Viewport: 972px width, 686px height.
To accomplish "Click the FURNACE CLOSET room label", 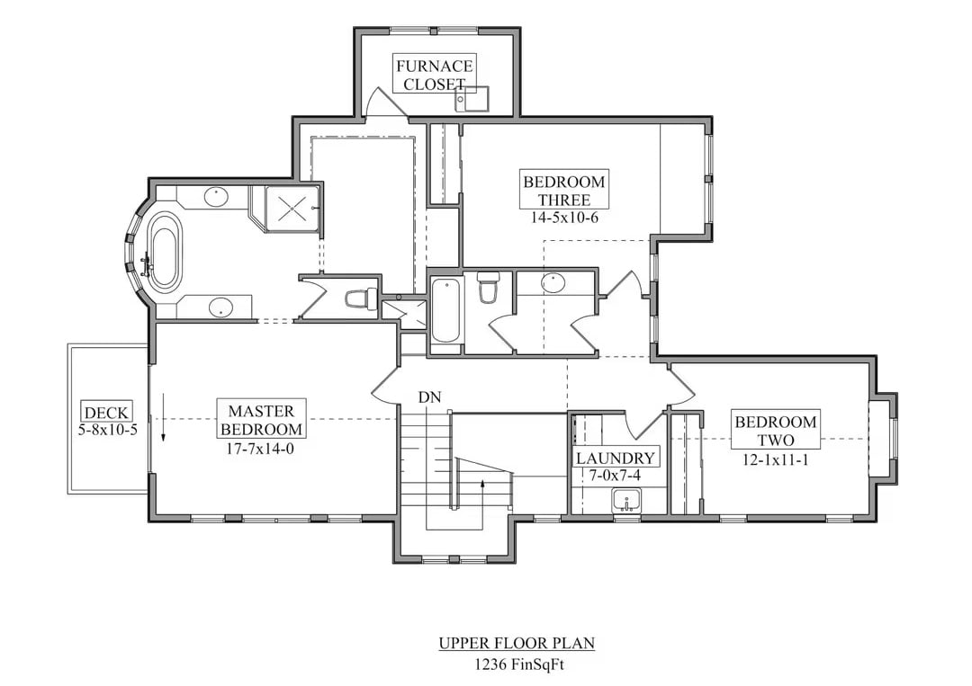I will click(434, 75).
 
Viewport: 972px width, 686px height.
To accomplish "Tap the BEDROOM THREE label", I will click(564, 191).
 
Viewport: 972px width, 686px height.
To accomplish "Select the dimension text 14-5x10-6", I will click(564, 218).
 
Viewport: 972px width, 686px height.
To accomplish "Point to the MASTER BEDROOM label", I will click(261, 419).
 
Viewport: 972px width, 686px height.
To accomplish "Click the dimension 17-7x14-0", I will click(261, 447).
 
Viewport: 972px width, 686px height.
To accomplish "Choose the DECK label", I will click(107, 413).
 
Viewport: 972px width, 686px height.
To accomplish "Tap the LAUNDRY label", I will click(616, 458).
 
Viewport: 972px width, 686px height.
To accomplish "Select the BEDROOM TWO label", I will click(775, 431).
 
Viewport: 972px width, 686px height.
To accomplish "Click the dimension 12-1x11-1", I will click(775, 458).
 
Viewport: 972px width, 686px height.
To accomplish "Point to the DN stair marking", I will click(429, 397).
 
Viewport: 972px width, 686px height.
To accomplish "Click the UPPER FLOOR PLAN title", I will click(517, 643).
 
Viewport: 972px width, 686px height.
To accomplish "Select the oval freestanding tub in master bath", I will click(164, 251).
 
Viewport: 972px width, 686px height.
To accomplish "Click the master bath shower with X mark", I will click(292, 209).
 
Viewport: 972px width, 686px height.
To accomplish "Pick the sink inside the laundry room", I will click(626, 500).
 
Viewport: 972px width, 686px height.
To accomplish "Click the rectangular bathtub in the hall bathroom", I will click(445, 311).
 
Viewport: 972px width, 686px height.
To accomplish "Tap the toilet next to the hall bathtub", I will click(488, 287).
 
